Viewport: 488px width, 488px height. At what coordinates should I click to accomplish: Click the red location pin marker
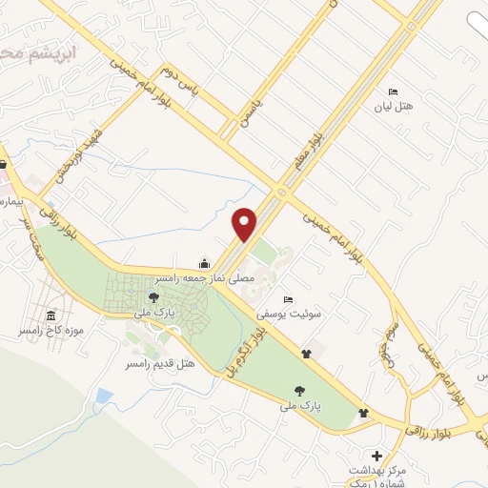click(245, 224)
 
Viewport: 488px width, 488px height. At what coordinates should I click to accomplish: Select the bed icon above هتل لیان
click(392, 91)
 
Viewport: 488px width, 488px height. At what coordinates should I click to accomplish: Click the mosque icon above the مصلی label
click(203, 263)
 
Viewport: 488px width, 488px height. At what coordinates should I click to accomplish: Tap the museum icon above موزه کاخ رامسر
click(51, 316)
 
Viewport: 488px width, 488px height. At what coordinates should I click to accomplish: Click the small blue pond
click(104, 396)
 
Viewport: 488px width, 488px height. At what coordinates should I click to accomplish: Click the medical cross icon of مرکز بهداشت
click(377, 457)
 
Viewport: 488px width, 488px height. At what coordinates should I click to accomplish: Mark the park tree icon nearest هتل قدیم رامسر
click(153, 298)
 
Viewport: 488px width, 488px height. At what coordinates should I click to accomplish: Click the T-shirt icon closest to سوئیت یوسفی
click(306, 354)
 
